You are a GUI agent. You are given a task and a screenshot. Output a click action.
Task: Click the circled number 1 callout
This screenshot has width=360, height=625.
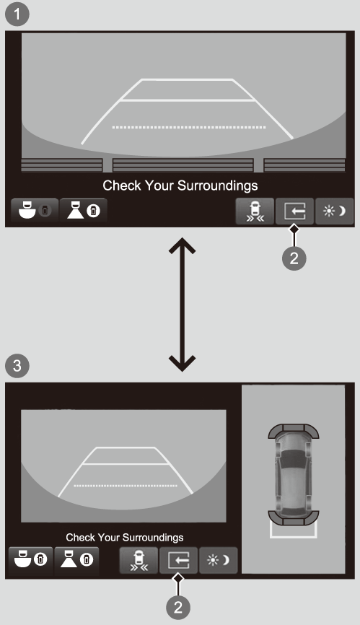[17, 14]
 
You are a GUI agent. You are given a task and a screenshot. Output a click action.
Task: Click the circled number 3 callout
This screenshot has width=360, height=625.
[17, 365]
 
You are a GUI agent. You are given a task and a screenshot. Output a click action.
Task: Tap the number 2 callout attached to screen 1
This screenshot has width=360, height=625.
[294, 258]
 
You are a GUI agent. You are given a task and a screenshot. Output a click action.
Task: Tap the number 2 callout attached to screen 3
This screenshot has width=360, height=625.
[178, 607]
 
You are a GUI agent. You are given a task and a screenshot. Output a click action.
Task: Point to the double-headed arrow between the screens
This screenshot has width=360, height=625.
[182, 305]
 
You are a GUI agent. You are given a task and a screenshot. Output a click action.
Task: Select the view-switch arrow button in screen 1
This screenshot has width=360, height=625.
[294, 211]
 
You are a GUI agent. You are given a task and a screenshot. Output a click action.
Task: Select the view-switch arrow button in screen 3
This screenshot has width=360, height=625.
[178, 561]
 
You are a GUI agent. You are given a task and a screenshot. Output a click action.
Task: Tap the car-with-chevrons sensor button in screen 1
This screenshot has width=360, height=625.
[255, 211]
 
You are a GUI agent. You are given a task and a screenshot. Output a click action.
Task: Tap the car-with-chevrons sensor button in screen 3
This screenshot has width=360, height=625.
[139, 561]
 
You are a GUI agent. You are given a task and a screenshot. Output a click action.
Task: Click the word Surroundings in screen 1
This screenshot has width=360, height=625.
[217, 185]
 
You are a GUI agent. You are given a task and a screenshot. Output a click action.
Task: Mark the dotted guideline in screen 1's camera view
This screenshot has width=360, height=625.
[189, 128]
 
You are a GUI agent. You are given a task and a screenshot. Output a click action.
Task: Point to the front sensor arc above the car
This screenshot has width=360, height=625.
[294, 430]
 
